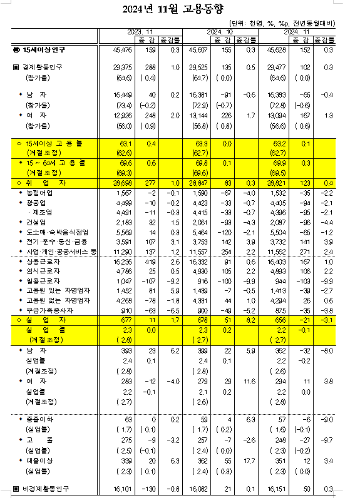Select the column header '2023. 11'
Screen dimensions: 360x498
[140, 31]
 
